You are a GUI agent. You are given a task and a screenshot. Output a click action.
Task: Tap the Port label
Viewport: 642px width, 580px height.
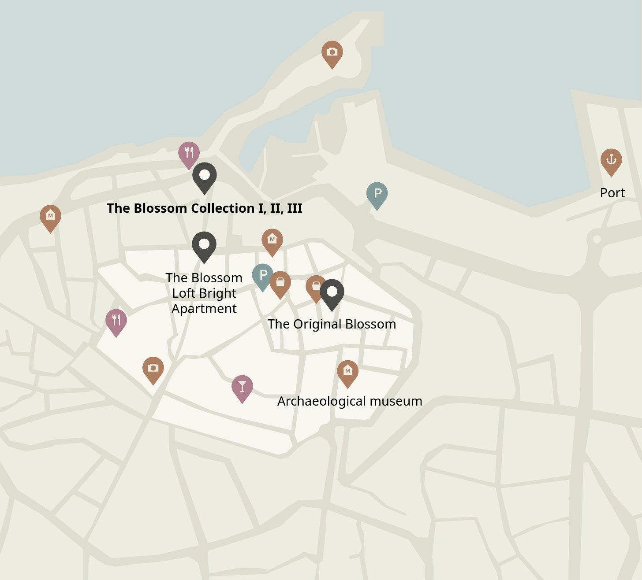(612, 193)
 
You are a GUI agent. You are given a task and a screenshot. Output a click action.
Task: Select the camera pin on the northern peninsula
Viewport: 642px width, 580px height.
(332, 53)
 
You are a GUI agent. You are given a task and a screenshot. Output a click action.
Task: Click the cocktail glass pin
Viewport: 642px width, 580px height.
(242, 387)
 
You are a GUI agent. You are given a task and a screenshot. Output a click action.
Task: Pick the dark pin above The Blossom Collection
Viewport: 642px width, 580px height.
(205, 176)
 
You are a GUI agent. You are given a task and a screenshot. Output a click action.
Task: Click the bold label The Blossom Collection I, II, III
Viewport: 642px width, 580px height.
(205, 208)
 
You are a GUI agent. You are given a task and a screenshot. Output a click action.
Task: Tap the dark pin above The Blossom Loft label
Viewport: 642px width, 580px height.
(204, 245)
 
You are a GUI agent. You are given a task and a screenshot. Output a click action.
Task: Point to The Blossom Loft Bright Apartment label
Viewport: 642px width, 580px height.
(204, 293)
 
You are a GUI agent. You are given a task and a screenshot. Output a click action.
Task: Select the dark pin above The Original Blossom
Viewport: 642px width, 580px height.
(332, 292)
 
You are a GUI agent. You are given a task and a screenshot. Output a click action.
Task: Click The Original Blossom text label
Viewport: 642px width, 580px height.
(332, 324)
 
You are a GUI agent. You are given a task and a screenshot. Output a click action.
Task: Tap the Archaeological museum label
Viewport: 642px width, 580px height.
(350, 401)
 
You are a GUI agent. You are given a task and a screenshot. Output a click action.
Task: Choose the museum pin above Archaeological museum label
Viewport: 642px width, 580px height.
(348, 372)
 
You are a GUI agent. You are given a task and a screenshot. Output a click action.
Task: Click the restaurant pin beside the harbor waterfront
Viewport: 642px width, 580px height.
(189, 154)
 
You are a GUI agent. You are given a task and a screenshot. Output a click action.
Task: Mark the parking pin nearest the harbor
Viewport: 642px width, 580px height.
(377, 194)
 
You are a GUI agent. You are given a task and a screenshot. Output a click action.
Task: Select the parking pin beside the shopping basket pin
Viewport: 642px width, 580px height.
(262, 276)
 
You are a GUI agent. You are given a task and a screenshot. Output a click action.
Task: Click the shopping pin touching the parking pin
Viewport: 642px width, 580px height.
(280, 283)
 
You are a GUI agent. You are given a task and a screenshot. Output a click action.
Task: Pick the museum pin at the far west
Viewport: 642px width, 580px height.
(51, 217)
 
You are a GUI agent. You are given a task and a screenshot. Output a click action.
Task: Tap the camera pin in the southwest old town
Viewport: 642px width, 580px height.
(153, 369)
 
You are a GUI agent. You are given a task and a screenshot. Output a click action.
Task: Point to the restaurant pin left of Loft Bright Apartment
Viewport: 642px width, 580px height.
(116, 321)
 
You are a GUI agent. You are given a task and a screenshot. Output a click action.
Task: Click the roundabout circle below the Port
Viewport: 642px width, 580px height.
(597, 239)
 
